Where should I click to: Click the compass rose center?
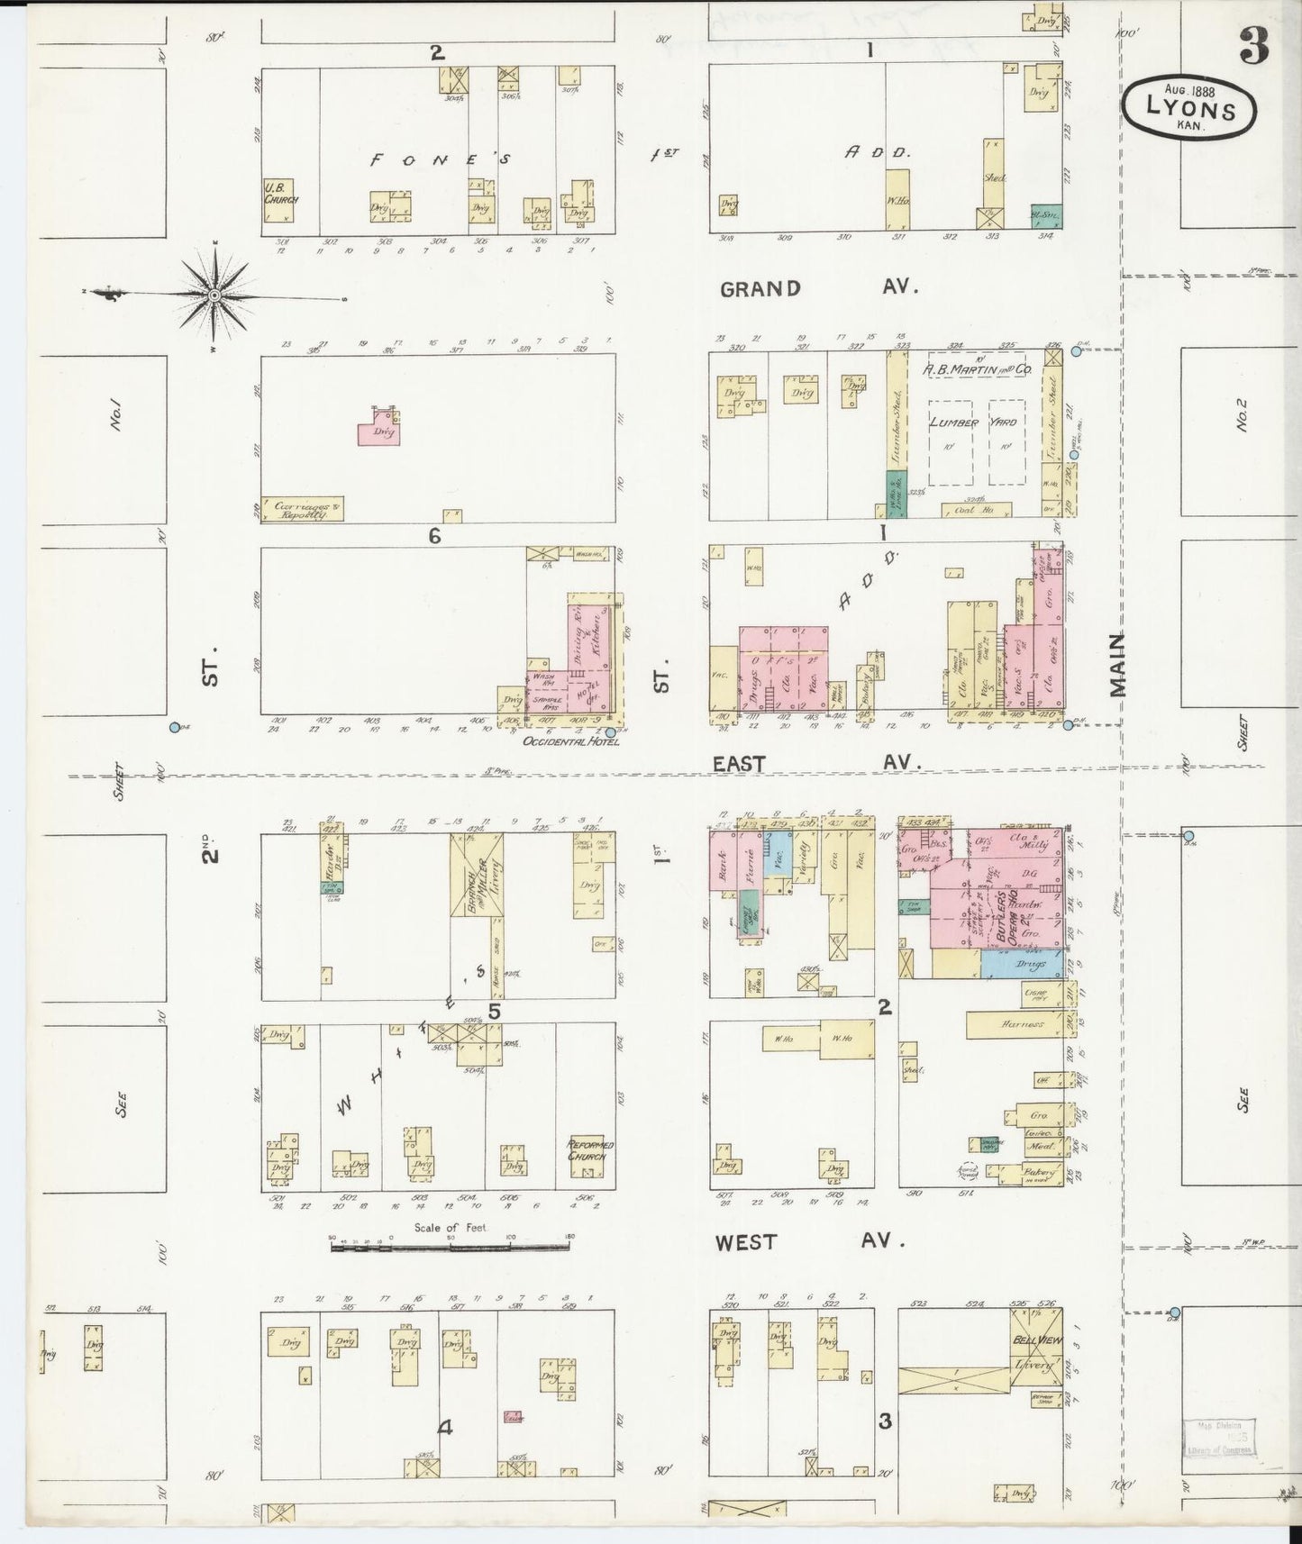(215, 295)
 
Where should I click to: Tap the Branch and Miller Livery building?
(477, 874)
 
